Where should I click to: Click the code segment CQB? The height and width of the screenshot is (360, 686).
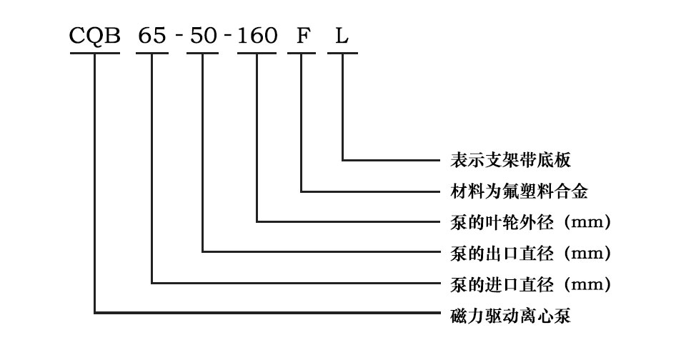click(94, 36)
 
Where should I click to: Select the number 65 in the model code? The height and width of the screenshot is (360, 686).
click(152, 36)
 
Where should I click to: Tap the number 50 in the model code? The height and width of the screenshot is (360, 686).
click(203, 36)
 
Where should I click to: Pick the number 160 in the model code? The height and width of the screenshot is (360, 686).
click(257, 36)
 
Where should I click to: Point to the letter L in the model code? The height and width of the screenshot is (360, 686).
click(342, 36)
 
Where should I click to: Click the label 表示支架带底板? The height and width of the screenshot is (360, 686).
click(510, 160)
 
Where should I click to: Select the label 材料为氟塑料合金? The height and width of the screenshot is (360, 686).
click(519, 191)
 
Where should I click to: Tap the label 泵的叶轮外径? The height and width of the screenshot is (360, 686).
click(502, 222)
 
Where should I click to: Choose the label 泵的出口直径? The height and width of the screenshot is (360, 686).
click(502, 254)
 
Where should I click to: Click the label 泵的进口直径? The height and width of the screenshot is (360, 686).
click(502, 284)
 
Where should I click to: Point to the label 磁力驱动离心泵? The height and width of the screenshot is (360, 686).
click(510, 316)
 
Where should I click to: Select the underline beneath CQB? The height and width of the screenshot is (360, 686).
click(95, 54)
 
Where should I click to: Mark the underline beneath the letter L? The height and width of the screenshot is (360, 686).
click(342, 54)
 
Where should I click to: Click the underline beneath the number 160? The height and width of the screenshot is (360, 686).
click(257, 54)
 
